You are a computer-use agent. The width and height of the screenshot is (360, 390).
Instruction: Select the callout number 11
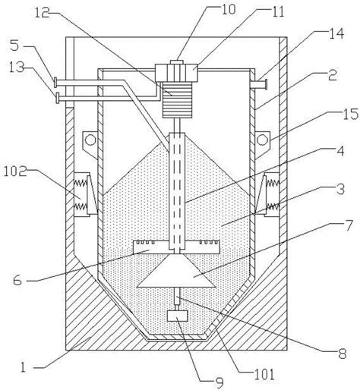[277, 11]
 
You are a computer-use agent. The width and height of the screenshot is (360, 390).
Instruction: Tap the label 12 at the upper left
[43, 13]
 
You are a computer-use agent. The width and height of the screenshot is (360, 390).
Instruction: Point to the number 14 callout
[336, 33]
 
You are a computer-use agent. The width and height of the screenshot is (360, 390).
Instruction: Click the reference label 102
[14, 171]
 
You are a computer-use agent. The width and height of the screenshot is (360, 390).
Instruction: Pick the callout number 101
[264, 374]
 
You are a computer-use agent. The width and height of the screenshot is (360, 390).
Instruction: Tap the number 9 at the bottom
[219, 383]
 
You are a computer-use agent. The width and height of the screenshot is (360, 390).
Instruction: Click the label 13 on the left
[17, 68]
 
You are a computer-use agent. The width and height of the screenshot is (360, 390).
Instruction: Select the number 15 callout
[350, 114]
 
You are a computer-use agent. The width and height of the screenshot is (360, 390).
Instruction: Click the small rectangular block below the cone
[177, 316]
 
